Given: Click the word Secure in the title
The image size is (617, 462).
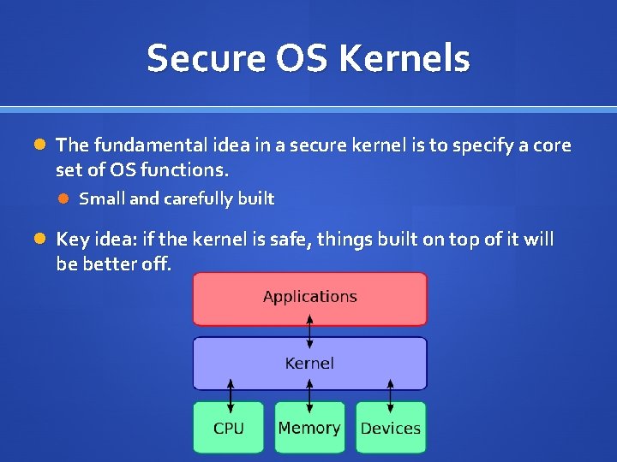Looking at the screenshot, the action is coord(194,59).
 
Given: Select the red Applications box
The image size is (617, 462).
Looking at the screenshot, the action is coord(309,299).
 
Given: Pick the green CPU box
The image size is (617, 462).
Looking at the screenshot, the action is coord(229,428).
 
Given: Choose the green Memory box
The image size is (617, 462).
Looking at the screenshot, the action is coord(309,428).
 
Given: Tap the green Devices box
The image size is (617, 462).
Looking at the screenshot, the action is coord(391,428).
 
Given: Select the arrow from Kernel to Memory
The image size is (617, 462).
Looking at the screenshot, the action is coord(310,396).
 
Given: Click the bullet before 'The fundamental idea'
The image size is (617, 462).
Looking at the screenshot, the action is coord(39,145).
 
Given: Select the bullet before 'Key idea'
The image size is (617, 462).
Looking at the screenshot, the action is coord(39,238).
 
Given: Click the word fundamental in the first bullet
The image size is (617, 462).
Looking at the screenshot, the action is coord(140,145).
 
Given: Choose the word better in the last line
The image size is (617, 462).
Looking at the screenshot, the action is coord(105,264).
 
